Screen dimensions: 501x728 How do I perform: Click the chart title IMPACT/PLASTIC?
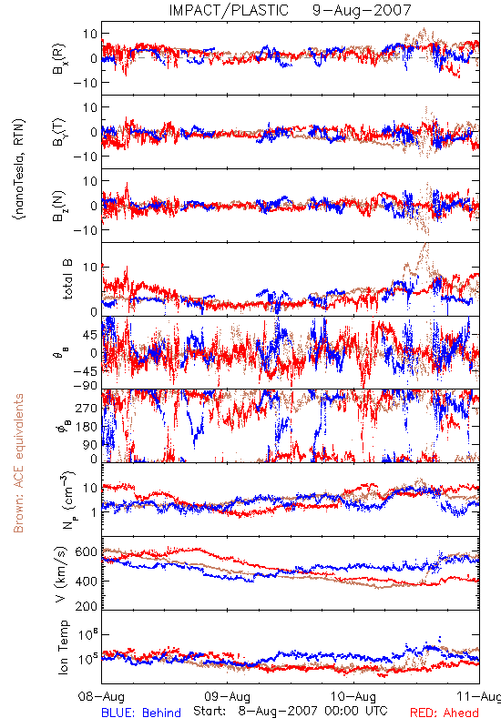pyautogui.click(x=229, y=10)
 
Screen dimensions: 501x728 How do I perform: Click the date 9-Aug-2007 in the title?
pyautogui.click(x=362, y=10)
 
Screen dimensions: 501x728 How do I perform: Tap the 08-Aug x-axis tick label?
pyautogui.click(x=101, y=697)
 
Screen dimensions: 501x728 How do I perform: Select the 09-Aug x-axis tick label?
pyautogui.click(x=227, y=697)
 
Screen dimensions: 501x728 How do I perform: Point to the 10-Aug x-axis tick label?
pyautogui.click(x=353, y=697)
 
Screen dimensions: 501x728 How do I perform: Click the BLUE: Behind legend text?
pyautogui.click(x=141, y=713)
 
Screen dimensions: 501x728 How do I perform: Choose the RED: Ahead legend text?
pyautogui.click(x=445, y=713)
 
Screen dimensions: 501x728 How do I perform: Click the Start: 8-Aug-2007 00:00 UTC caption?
pyautogui.click(x=291, y=711)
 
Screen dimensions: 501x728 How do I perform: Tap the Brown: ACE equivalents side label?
pyautogui.click(x=18, y=463)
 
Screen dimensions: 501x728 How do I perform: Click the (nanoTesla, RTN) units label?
pyautogui.click(x=19, y=168)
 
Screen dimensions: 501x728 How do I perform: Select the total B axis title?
pyautogui.click(x=67, y=279)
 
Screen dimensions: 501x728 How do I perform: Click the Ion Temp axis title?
pyautogui.click(x=63, y=647)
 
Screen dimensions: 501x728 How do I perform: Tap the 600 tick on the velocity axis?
pyautogui.click(x=86, y=552)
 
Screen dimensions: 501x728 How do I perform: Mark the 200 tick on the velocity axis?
pyautogui.click(x=86, y=606)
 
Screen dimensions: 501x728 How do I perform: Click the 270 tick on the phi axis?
pyautogui.click(x=87, y=408)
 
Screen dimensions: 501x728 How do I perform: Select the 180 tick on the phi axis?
pyautogui.click(x=87, y=427)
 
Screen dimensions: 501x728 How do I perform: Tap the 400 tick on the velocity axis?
pyautogui.click(x=86, y=581)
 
